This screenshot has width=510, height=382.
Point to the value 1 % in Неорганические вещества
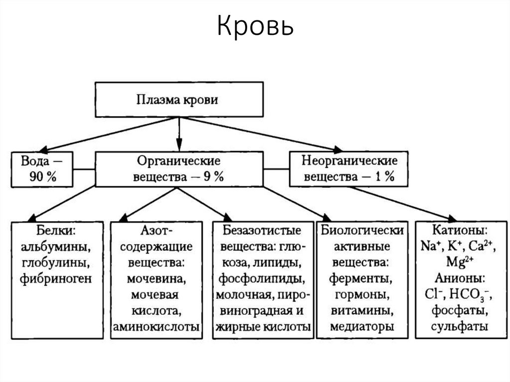384,176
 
